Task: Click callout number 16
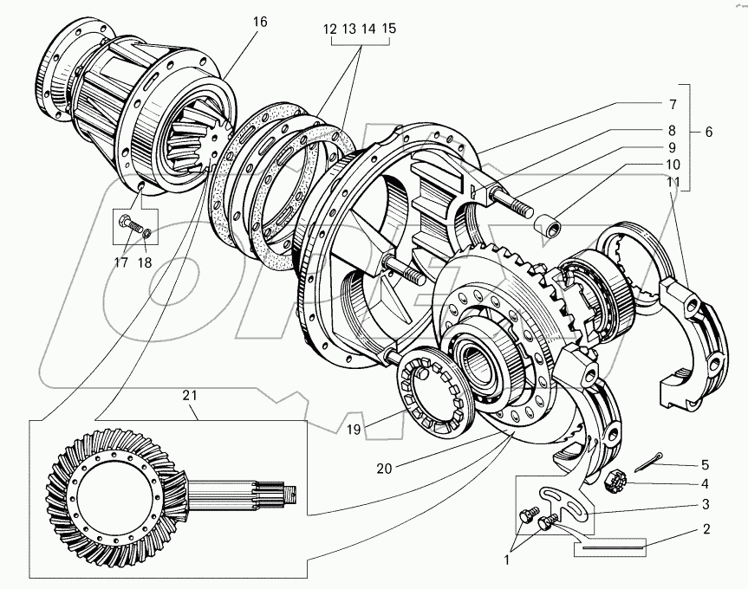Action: (261, 22)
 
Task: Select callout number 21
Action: (190, 396)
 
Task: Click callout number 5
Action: (705, 463)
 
